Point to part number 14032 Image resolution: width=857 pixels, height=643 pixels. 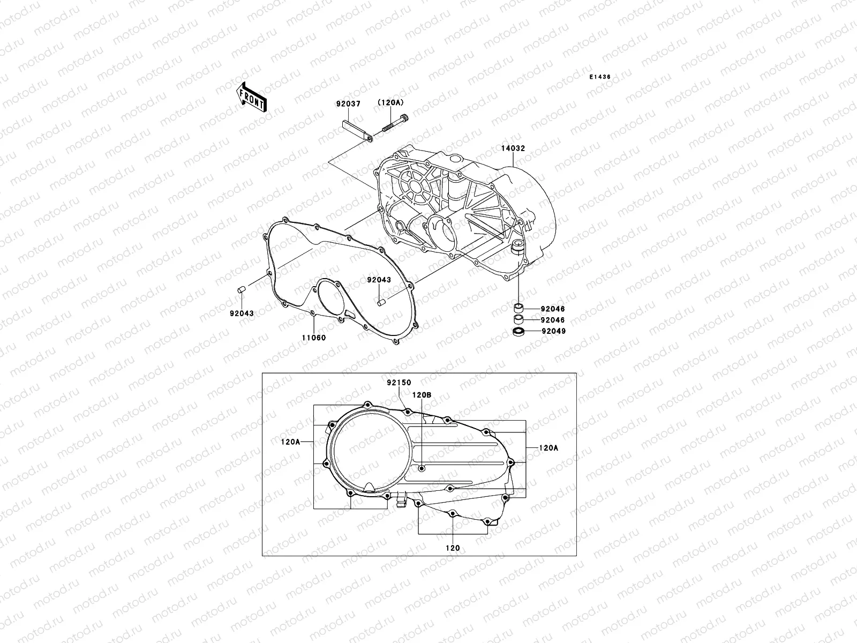[513, 133]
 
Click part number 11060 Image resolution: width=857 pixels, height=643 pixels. [313, 338]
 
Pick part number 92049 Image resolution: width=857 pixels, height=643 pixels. [553, 331]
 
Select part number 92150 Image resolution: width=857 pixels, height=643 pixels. [399, 383]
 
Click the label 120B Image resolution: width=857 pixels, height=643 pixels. [422, 394]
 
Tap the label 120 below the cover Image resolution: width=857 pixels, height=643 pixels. [453, 548]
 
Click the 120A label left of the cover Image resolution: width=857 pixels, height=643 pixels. [290, 442]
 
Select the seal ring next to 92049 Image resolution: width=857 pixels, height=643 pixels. [518, 332]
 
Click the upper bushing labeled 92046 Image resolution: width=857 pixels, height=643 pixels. [518, 308]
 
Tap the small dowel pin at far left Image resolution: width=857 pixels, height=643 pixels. [241, 290]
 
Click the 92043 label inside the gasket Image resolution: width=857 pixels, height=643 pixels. [379, 280]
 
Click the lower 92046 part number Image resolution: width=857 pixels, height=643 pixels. [553, 320]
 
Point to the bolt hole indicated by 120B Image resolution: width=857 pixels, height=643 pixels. [422, 468]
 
